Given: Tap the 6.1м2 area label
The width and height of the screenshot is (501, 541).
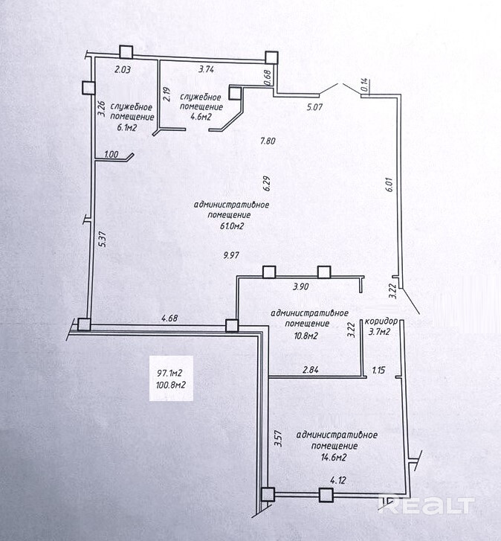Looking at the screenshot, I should (129, 128).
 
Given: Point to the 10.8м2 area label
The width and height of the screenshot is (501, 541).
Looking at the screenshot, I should (306, 336).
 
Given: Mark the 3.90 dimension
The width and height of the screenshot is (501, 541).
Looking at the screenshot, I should (301, 286).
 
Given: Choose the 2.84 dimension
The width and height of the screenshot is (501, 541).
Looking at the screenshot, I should (311, 369).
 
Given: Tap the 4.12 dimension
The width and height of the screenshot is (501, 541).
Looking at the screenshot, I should (339, 481).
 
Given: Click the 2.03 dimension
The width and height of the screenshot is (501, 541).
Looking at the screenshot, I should (122, 71).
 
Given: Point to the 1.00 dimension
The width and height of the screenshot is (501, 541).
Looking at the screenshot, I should (111, 155).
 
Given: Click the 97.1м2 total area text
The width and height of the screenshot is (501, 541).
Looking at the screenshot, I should (170, 373).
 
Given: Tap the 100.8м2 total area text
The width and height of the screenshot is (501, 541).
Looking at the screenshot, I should (171, 385).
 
